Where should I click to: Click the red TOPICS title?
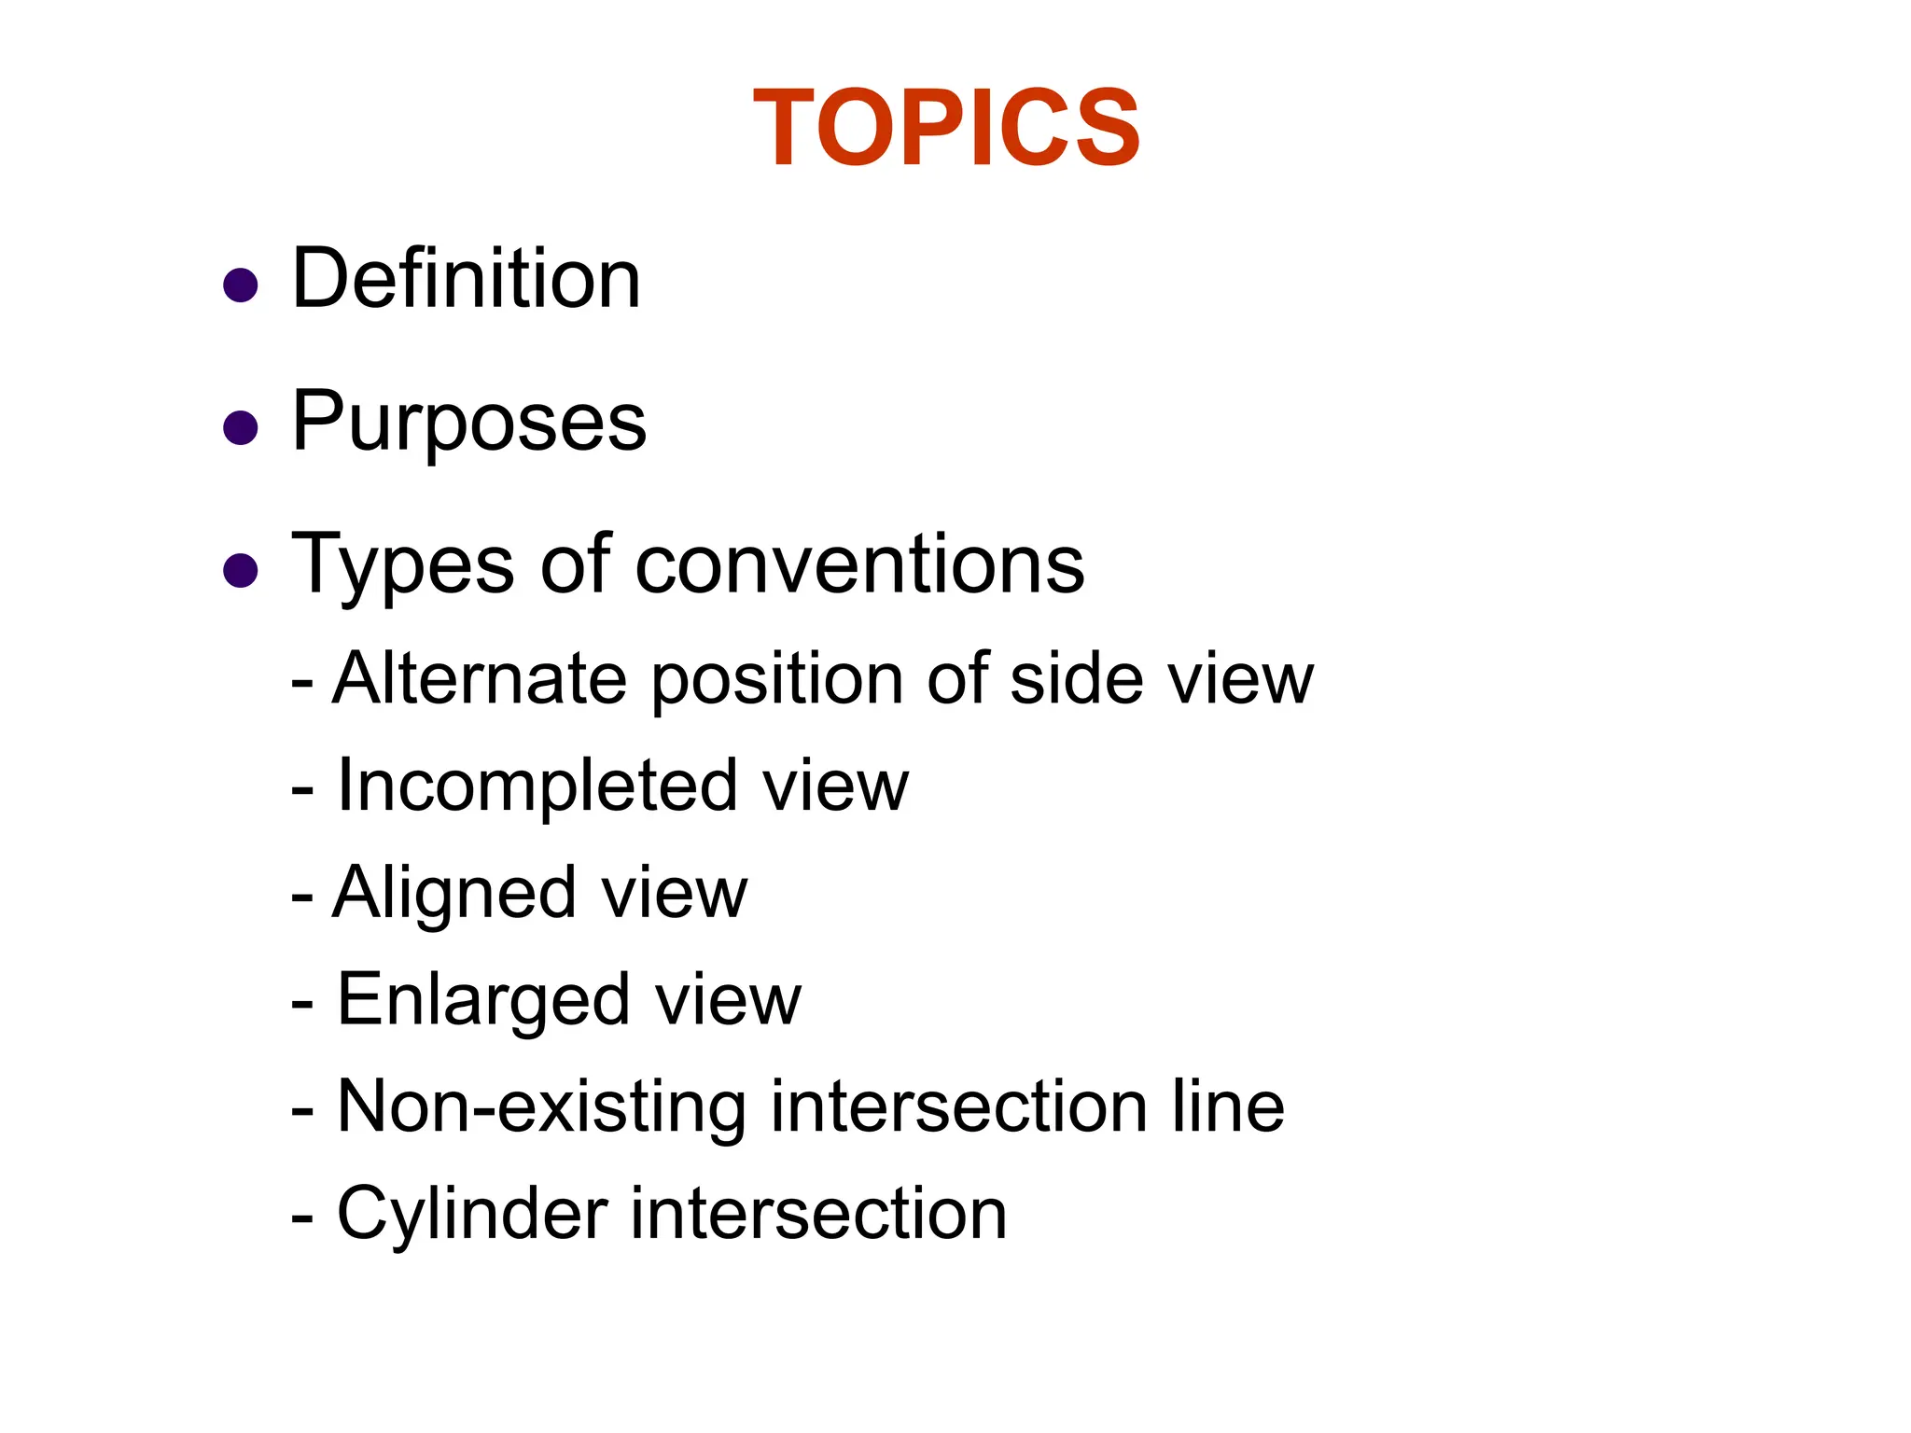946,128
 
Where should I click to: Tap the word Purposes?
468,422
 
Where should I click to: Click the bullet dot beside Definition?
241,285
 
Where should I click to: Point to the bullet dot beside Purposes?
241,428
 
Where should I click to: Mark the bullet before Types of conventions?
241,570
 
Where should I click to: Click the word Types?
402,565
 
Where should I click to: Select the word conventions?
859,565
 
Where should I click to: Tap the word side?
1077,678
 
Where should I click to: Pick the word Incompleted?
536,786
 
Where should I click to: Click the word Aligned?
454,894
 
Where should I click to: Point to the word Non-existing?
541,1107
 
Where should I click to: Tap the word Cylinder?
472,1215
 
